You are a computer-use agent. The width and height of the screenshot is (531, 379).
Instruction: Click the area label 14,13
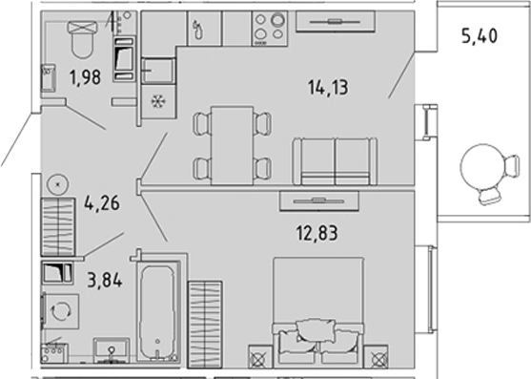(328, 88)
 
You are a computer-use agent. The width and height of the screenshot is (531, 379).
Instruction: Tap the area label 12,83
(317, 233)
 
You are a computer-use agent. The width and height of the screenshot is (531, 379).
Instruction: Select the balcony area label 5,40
(480, 36)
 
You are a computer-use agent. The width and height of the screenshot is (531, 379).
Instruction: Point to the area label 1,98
(86, 77)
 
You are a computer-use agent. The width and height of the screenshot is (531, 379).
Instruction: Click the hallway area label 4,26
(102, 203)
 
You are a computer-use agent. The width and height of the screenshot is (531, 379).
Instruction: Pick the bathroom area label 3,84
(105, 281)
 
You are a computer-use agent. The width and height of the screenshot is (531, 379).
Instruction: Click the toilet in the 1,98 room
(82, 38)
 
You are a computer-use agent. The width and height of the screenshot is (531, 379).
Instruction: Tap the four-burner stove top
(270, 28)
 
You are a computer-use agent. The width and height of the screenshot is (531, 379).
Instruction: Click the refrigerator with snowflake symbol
(158, 101)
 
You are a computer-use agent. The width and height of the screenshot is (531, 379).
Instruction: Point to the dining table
(232, 145)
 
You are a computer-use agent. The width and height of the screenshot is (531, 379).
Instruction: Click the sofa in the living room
(335, 161)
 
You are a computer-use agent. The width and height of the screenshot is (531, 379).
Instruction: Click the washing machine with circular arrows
(60, 311)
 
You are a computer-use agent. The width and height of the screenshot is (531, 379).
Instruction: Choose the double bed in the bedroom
(318, 311)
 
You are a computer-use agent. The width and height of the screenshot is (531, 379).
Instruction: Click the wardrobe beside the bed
(205, 324)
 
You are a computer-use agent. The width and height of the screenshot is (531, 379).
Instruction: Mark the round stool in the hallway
(58, 185)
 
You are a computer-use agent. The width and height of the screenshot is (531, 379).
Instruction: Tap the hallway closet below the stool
(58, 227)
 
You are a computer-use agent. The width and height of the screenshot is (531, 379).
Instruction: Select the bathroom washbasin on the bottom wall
(112, 349)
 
